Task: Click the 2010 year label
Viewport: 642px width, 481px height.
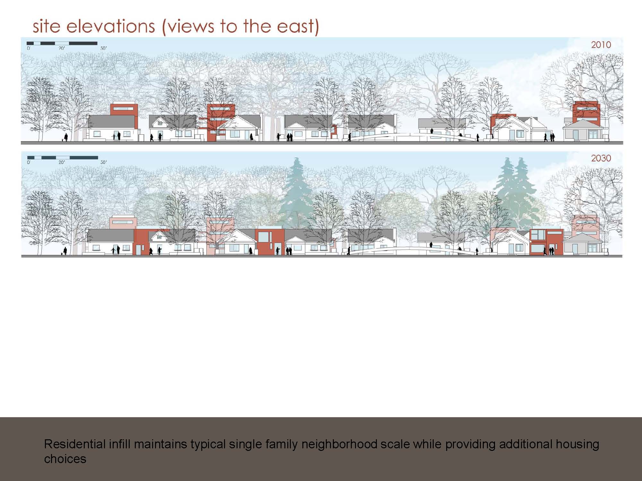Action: point(601,45)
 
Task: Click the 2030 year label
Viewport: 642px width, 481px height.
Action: point(601,158)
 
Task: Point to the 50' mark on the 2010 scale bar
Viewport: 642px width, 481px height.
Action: point(104,48)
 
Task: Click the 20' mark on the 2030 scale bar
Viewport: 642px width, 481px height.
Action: point(62,162)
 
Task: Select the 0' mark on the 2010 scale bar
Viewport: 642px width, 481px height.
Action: point(28,48)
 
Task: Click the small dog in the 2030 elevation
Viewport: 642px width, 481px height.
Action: point(62,254)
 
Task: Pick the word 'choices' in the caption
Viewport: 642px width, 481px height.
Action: point(65,459)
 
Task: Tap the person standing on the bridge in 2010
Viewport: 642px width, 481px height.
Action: point(432,131)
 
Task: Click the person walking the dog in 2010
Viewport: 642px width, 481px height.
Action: point(66,137)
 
